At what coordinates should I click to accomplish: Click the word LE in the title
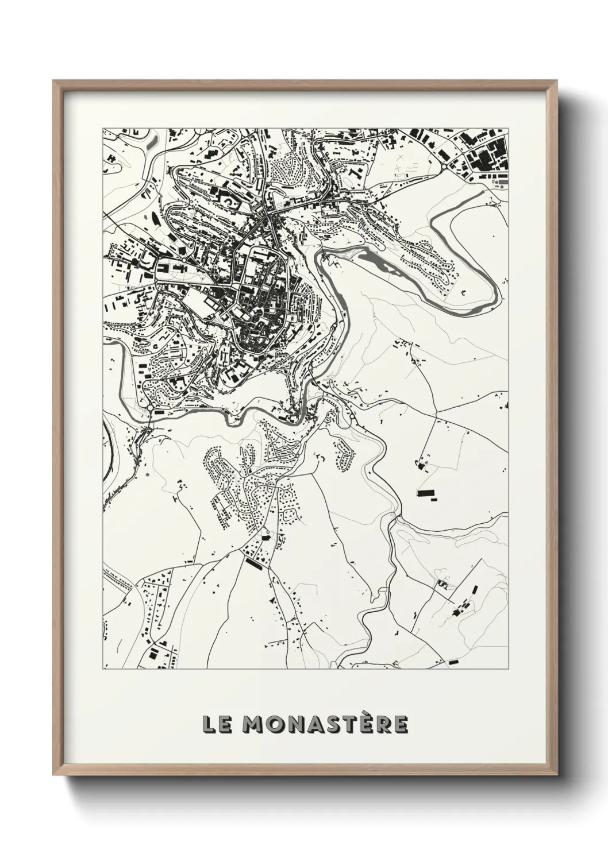[216, 725]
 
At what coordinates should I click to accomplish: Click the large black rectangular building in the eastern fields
[426, 493]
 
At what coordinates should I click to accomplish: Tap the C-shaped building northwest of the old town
[229, 202]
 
